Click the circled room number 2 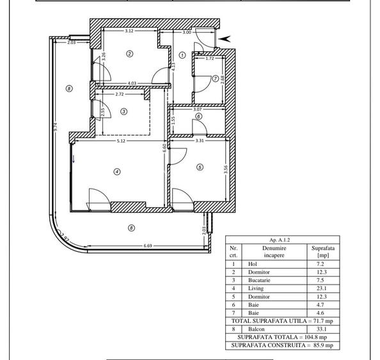coord(130,54)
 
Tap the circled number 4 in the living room coord(117,171)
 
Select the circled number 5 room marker coord(200,168)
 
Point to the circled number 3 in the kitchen coord(124,111)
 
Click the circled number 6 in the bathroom coord(199,116)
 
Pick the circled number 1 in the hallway coord(182,56)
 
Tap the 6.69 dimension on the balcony coord(148,246)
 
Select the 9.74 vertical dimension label coord(56,127)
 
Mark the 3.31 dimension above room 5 coord(199,140)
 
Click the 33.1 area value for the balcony coord(318,329)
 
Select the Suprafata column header coord(318,248)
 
